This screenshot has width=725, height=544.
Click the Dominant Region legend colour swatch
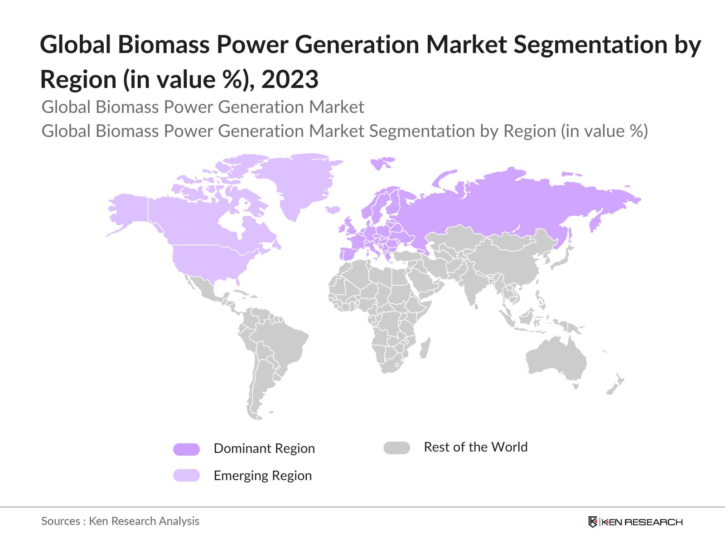point(186,449)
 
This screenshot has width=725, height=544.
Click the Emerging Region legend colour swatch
point(186,475)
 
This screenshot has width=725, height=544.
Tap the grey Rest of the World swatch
point(396,448)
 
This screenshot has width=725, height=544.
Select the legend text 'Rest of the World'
point(475,447)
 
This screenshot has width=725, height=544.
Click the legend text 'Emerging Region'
point(262,476)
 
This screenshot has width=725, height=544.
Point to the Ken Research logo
point(635,522)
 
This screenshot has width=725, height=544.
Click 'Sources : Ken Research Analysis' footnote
point(120,521)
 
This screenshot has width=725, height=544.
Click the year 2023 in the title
point(290,80)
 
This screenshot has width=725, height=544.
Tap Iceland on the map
point(333,209)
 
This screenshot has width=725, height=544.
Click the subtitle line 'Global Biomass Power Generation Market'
point(203,107)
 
